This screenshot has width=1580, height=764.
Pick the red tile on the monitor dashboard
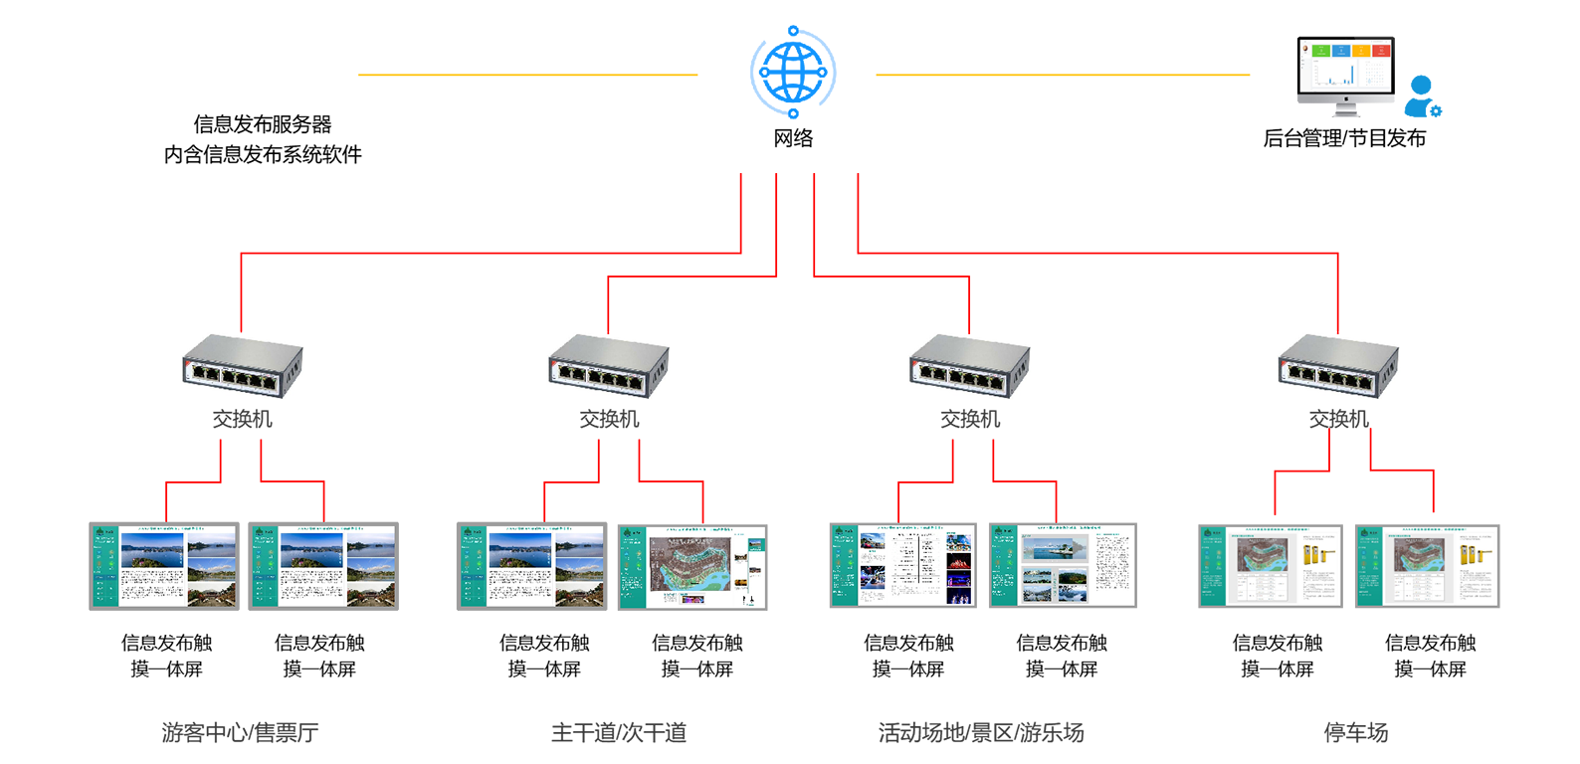pos(1381,50)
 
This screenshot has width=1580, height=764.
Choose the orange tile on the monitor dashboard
pos(1361,50)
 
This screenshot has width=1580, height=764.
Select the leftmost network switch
pos(242,364)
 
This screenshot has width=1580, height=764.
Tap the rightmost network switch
pos(1338,364)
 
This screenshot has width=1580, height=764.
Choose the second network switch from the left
pos(609,364)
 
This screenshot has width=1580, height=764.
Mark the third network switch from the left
pos(970,364)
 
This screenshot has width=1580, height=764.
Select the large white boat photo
pos(1054,548)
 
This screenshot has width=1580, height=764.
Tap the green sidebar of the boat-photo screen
pos(1003,567)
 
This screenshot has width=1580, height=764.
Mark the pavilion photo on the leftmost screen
pos(211,593)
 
